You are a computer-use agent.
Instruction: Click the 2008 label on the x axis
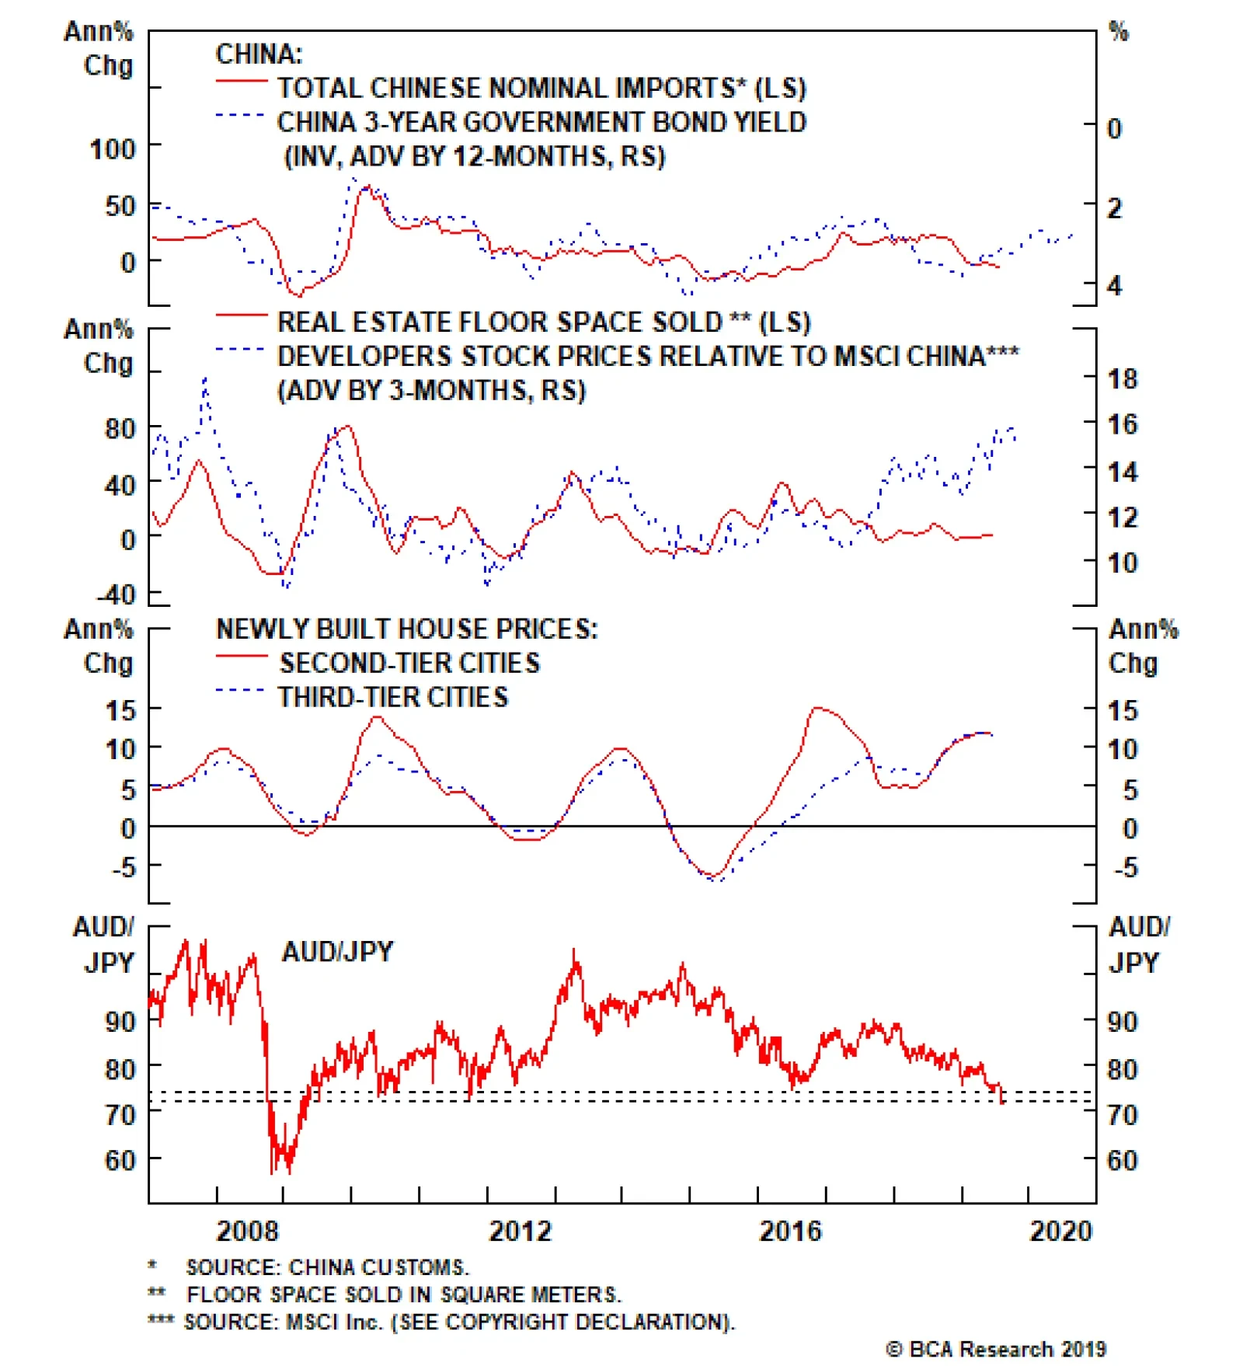[247, 1232]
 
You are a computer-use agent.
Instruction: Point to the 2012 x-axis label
[520, 1232]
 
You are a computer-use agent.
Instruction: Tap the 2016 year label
[790, 1232]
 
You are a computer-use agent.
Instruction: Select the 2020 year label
[1060, 1232]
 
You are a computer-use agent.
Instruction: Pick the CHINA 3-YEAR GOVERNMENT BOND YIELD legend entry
[541, 122]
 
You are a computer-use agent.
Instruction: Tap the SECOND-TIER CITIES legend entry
[409, 663]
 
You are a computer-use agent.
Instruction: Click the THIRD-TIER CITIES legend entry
[393, 697]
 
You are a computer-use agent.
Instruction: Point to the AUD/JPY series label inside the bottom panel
[337, 951]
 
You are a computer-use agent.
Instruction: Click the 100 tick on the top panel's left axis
[113, 148]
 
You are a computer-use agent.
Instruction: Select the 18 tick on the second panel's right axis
[1123, 379]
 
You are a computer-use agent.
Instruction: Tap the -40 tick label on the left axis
[116, 595]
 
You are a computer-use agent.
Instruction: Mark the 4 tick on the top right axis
[1115, 286]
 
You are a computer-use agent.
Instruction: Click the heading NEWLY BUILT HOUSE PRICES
[407, 629]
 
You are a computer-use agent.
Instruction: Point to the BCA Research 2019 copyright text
[997, 1349]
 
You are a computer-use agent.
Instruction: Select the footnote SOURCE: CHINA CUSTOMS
[327, 1267]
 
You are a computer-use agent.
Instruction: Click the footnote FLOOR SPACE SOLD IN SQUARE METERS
[403, 1295]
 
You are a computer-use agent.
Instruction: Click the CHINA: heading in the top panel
[259, 54]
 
